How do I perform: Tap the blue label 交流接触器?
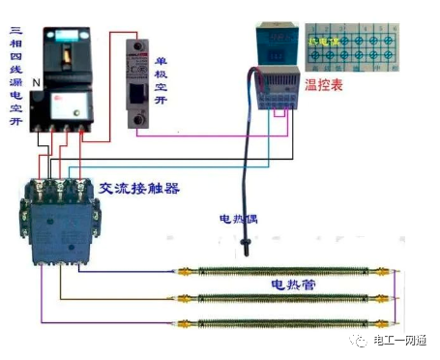(139, 188)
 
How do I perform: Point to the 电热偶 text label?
(238, 219)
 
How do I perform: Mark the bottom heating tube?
(279, 320)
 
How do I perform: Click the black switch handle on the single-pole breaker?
(144, 93)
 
